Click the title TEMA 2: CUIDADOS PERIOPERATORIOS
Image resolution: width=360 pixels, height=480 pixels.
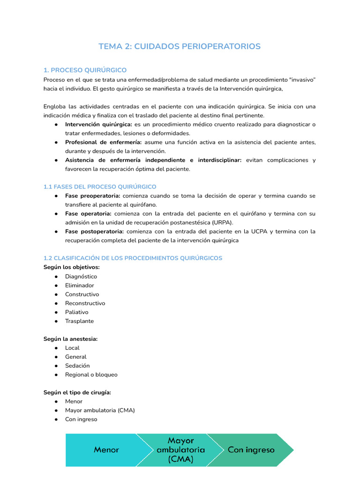click(x=180, y=46)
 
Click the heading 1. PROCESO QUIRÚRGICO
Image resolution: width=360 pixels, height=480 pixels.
click(x=85, y=70)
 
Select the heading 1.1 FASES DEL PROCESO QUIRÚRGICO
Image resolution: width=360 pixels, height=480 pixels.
click(x=100, y=187)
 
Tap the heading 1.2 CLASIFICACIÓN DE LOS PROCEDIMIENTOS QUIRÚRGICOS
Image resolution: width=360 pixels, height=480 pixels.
click(x=133, y=258)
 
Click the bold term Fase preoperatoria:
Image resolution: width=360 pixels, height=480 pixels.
click(x=92, y=195)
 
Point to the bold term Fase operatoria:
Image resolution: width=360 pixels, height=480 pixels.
click(x=88, y=213)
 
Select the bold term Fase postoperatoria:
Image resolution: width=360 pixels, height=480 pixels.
click(x=94, y=231)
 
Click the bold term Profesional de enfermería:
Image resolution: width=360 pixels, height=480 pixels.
click(x=103, y=142)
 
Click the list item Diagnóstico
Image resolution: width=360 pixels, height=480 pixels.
click(x=81, y=276)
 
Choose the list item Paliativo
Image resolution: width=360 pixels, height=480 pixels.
click(x=76, y=312)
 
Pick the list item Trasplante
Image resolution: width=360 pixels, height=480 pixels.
click(x=79, y=321)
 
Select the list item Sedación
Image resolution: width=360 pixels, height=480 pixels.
click(x=77, y=365)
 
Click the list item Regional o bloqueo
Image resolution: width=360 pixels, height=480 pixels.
click(x=91, y=374)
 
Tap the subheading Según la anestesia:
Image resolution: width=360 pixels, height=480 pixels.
click(x=70, y=338)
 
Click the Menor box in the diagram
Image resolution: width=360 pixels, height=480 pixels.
click(x=106, y=450)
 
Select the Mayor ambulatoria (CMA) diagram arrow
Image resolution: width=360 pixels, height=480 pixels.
click(x=181, y=450)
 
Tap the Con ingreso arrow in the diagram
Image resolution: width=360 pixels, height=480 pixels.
click(x=251, y=450)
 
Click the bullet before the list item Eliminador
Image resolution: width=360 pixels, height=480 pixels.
click(x=56, y=285)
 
